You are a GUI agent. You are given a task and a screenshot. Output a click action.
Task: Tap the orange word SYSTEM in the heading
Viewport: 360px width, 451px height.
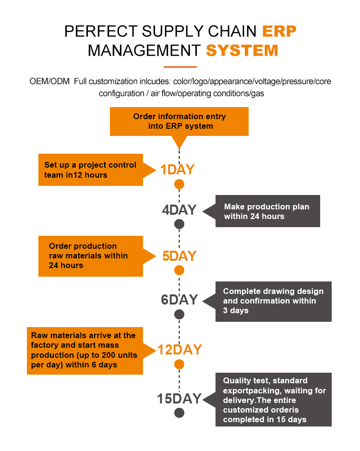(x=242, y=50)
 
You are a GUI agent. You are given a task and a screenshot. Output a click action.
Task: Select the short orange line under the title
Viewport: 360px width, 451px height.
(x=180, y=66)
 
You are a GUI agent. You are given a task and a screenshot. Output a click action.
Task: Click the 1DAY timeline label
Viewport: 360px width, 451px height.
(x=177, y=170)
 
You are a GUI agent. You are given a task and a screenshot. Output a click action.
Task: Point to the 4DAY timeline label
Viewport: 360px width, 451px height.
(x=179, y=210)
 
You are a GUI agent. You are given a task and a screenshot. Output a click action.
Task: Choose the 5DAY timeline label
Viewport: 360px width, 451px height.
(x=179, y=256)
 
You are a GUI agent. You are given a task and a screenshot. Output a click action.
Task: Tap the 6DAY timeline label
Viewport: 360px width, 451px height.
(x=179, y=300)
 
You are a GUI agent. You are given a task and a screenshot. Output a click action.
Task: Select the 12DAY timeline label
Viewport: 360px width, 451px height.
(x=180, y=350)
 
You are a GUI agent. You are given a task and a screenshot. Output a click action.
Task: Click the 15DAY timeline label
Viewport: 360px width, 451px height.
(x=179, y=399)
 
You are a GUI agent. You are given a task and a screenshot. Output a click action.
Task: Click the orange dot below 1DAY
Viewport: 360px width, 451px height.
(x=179, y=184)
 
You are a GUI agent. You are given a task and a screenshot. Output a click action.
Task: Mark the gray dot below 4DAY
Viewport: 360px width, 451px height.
(x=179, y=224)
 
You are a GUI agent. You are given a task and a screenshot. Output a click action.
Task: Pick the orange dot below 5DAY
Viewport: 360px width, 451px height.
(x=179, y=270)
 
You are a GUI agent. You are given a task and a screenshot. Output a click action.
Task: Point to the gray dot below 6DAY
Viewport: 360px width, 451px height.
(x=179, y=315)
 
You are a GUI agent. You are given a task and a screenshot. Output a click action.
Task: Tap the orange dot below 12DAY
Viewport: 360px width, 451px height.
(x=179, y=364)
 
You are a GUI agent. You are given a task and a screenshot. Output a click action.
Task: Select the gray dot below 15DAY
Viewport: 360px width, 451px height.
(x=179, y=413)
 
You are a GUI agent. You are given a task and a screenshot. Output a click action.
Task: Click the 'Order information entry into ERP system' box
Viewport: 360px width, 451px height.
(x=179, y=122)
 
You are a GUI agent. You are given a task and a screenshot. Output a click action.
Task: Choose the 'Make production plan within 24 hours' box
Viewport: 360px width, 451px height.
(x=267, y=211)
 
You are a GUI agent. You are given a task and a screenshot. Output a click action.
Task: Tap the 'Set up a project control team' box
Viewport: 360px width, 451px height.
(x=91, y=170)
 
